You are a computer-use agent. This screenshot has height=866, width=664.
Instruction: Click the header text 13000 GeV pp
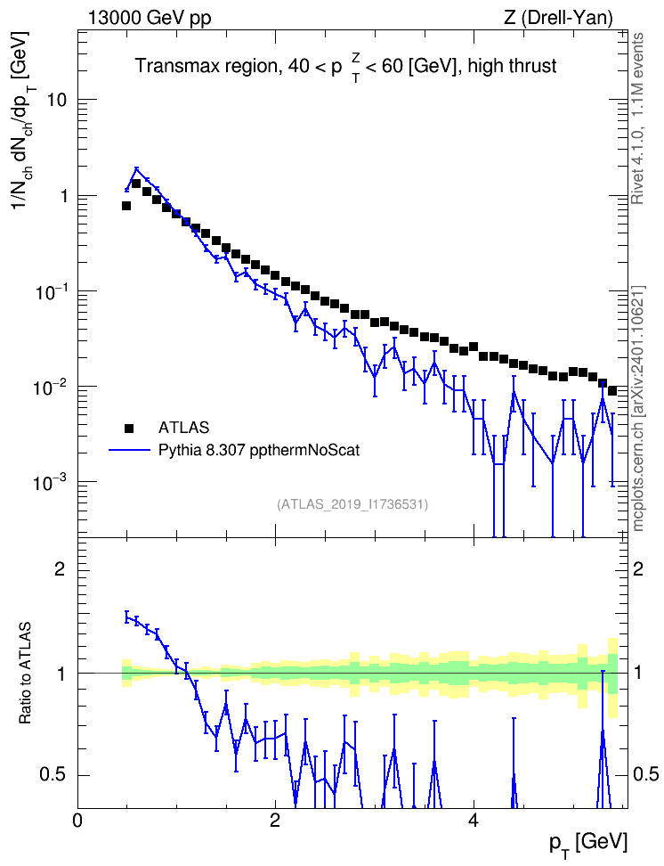point(149,18)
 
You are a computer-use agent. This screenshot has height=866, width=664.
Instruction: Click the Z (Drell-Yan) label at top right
point(558,18)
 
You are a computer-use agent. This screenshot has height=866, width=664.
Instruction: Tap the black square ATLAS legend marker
point(129,428)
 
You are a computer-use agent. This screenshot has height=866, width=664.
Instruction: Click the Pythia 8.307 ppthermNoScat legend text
point(259,451)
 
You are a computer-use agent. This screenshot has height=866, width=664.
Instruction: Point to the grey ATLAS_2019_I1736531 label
point(352,504)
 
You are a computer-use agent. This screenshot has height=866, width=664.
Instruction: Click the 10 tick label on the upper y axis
point(56,100)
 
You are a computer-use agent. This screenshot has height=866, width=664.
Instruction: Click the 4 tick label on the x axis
point(474,819)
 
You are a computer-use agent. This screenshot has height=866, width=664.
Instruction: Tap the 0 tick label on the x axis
point(77,819)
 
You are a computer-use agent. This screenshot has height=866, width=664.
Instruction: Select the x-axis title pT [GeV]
point(588,844)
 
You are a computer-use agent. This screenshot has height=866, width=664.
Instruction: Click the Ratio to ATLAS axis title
point(25,674)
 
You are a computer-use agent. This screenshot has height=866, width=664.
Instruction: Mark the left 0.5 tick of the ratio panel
point(53,775)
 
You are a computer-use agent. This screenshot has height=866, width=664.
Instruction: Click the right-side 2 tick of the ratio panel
point(638,569)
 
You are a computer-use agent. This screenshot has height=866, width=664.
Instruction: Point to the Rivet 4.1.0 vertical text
point(638,118)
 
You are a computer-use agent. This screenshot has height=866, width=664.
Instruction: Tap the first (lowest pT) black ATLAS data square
point(126,206)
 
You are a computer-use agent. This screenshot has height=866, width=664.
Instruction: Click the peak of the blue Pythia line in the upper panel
point(136,169)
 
